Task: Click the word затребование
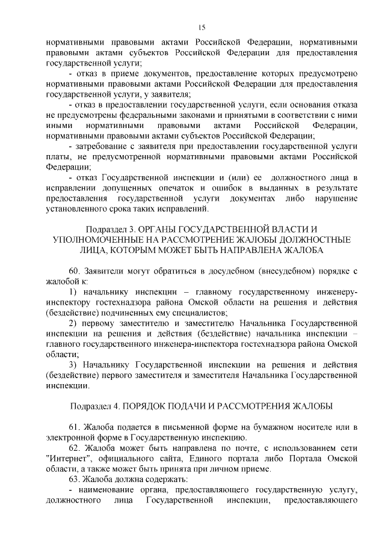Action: click(x=103, y=145)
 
